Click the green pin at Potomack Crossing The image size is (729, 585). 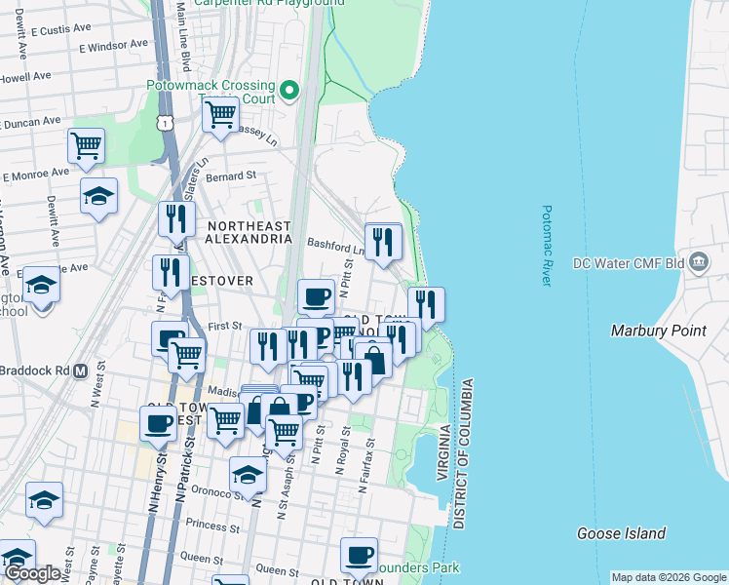tap(289, 93)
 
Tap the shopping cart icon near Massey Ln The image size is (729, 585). tap(220, 114)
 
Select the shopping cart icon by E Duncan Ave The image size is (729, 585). tap(86, 146)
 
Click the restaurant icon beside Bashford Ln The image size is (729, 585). tap(383, 240)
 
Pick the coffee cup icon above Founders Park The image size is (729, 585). tap(359, 555)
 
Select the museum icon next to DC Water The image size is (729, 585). tap(698, 262)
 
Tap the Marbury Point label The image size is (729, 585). tap(658, 331)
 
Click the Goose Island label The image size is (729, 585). tap(621, 533)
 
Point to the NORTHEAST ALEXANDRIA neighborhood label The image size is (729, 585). tap(249, 232)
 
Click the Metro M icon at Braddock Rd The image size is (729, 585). tap(81, 371)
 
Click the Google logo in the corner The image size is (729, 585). tap(32, 573)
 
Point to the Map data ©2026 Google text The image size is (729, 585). tap(668, 577)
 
